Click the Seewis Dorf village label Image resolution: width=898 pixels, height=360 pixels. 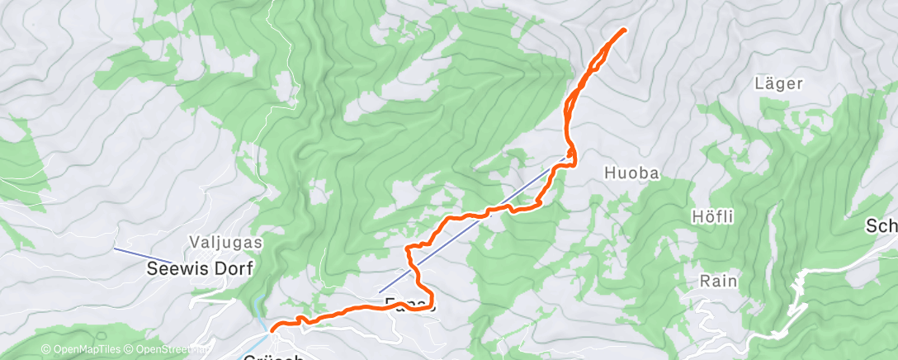(199, 268)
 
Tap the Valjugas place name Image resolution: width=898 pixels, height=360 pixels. (225, 243)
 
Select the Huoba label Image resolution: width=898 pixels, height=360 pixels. (632, 173)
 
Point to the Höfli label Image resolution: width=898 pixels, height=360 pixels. (711, 216)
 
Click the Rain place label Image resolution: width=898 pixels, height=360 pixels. (717, 281)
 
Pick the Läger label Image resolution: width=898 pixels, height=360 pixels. (778, 83)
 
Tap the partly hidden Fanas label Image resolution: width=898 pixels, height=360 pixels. (405, 303)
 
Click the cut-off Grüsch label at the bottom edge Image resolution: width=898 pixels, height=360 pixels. (276, 357)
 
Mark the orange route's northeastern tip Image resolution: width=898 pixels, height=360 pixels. (623, 30)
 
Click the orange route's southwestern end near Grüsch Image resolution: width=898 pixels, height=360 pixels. (273, 329)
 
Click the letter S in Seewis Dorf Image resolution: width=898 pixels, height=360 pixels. (153, 268)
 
